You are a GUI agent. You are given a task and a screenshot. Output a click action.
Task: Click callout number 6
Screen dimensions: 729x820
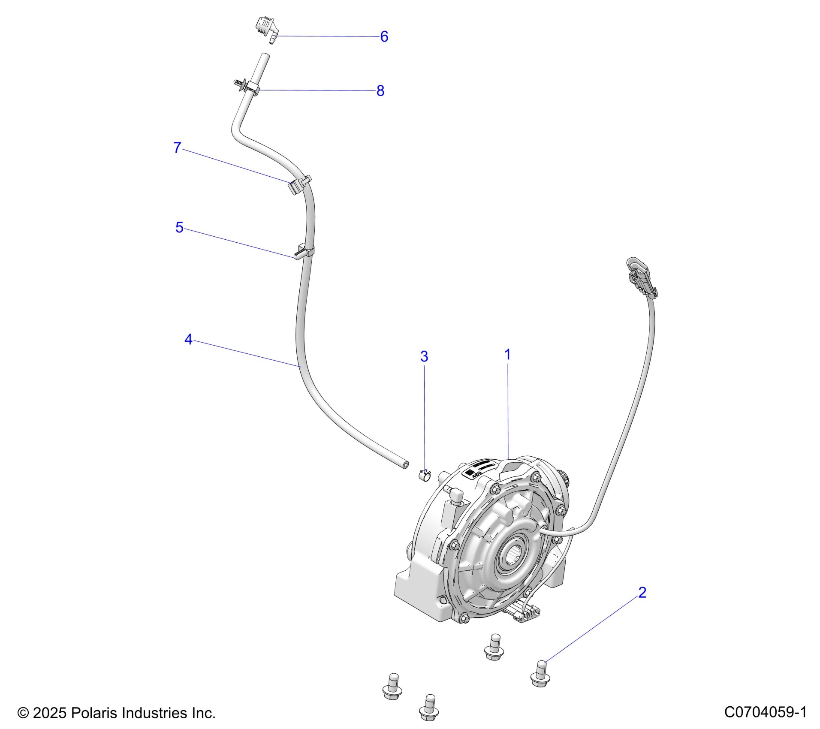384,37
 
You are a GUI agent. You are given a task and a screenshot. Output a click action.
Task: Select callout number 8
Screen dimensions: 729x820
380,91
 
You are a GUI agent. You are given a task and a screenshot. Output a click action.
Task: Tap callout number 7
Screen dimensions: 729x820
177,148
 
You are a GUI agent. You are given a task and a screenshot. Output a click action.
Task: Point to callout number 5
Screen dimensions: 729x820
179,227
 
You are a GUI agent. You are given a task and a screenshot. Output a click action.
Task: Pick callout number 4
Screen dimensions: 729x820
188,340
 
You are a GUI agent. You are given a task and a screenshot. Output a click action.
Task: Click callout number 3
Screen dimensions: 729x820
424,356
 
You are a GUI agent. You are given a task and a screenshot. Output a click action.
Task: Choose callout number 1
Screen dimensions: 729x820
507,355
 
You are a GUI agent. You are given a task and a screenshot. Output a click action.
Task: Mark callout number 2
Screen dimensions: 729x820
642,592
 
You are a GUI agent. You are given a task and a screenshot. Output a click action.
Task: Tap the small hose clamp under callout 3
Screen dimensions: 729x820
424,476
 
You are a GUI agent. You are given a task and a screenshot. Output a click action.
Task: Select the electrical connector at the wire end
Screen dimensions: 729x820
641,277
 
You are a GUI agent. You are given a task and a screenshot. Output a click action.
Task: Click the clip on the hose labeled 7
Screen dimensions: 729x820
299,185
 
